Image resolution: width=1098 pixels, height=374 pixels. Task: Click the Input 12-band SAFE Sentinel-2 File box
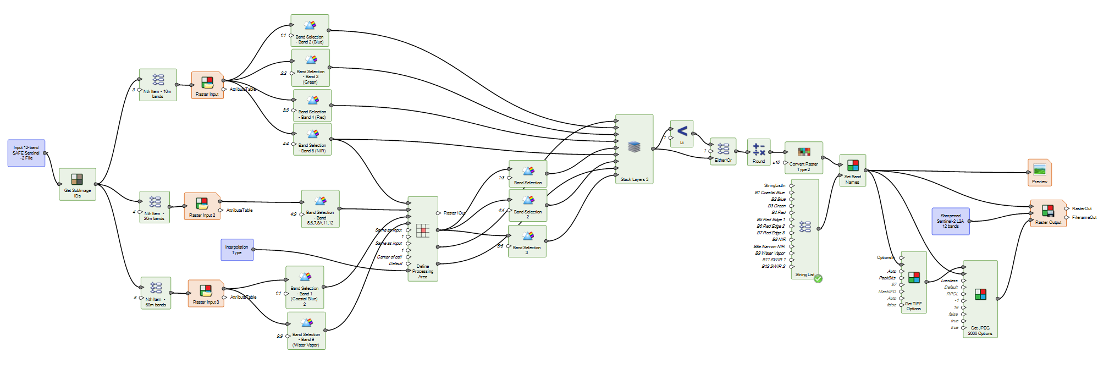(26, 153)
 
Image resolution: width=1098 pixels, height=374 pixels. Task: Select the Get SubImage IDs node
(77, 184)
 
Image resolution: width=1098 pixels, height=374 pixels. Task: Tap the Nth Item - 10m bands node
(158, 84)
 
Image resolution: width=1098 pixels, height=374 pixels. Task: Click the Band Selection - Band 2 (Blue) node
(310, 30)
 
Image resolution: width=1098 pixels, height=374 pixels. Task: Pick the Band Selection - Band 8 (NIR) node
(312, 139)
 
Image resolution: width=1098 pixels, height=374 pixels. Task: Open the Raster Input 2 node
(202, 206)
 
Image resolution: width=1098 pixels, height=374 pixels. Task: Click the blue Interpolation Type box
(237, 250)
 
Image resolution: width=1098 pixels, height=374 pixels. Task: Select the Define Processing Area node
(423, 238)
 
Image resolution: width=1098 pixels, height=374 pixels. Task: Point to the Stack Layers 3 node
(634, 148)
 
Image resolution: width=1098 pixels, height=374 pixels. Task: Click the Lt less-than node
(682, 133)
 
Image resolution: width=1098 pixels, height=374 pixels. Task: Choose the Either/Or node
(723, 151)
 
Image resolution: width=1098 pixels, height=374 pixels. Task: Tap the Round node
(759, 152)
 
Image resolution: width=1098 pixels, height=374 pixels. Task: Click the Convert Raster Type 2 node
(803, 157)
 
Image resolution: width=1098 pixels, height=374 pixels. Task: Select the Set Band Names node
(852, 170)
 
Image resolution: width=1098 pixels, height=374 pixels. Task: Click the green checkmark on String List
(818, 279)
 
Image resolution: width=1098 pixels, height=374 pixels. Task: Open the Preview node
(1039, 172)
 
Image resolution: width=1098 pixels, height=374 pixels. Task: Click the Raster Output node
(1048, 213)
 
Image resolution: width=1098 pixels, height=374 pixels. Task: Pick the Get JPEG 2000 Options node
(980, 299)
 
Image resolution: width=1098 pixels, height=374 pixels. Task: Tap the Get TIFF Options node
(913, 282)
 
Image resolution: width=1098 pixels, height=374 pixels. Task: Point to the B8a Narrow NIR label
(769, 246)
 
